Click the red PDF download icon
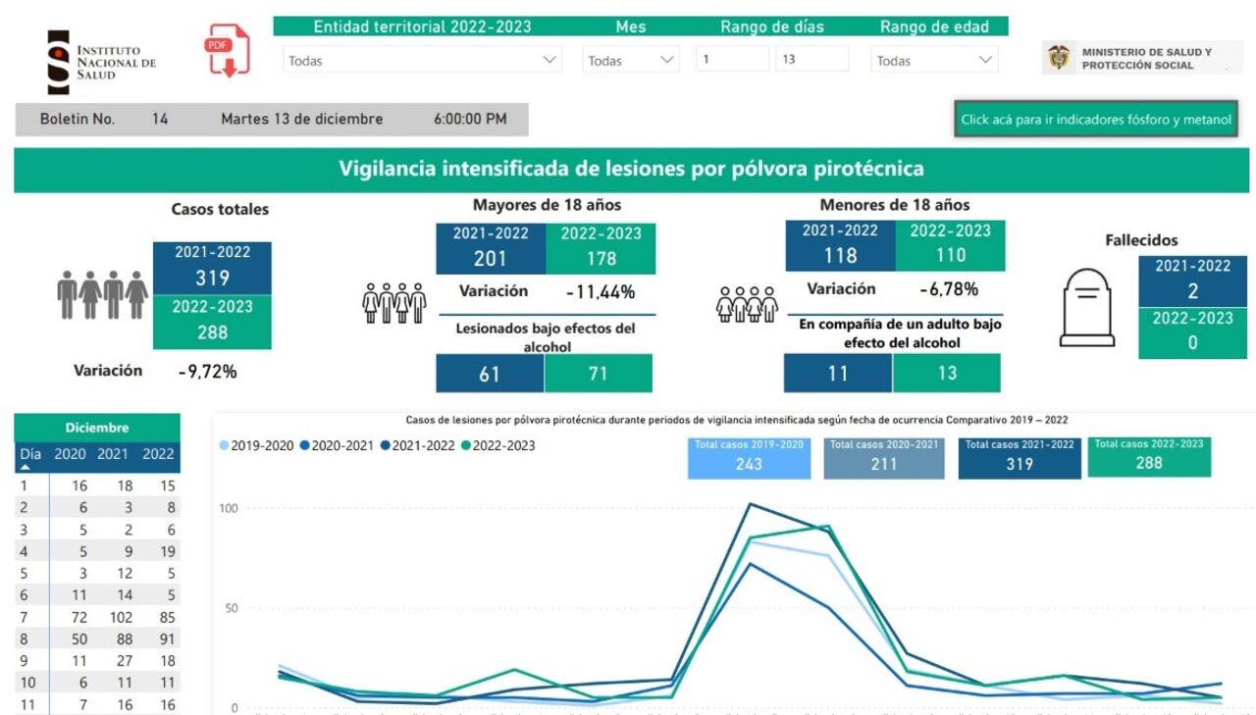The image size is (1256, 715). point(227,51)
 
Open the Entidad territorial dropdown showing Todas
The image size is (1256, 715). point(422,60)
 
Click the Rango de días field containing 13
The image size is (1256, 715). point(811,59)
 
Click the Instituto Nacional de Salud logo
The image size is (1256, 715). point(102,62)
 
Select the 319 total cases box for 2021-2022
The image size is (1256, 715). point(212,268)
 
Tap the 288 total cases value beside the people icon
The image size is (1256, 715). point(212,332)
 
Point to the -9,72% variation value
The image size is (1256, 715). point(207,372)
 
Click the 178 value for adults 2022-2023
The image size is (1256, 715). point(601,258)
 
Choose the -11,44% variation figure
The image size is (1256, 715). point(600,291)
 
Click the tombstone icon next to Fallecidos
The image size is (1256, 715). point(1086,309)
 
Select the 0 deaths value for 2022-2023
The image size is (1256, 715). point(1192,343)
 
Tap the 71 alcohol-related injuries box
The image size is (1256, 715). point(598,374)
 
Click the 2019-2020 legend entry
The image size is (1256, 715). point(257,445)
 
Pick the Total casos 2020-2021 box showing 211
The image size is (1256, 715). point(883,458)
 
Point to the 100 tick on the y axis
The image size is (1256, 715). point(228,508)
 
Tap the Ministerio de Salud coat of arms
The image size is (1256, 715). point(1059,58)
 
